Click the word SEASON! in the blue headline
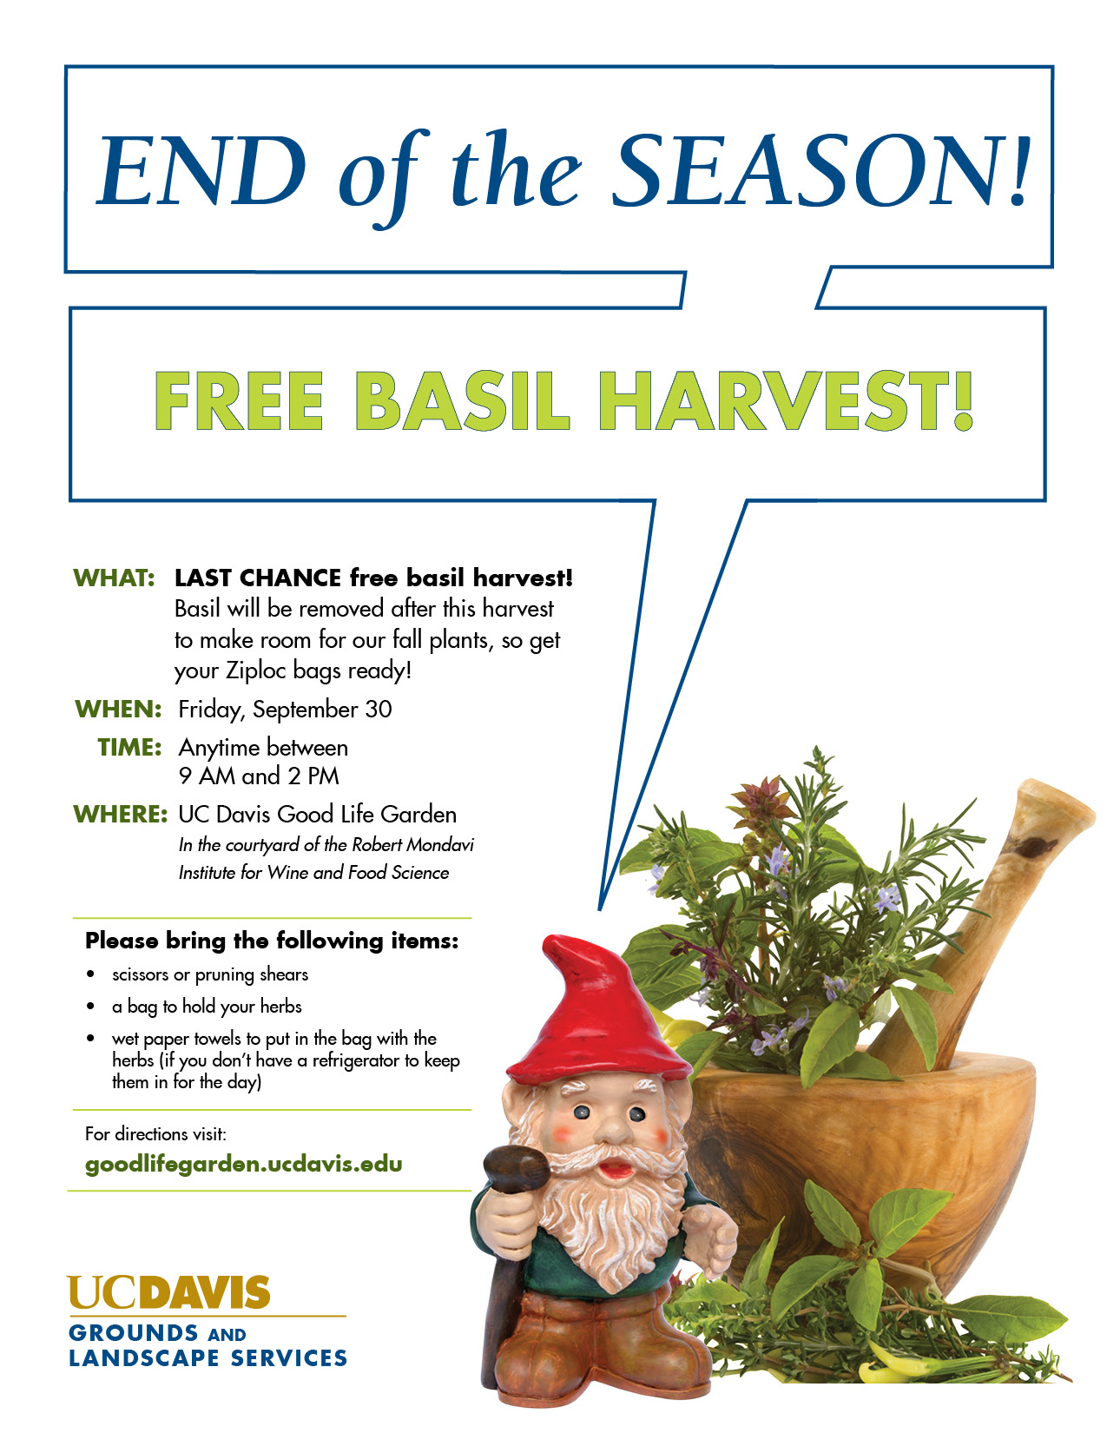pos(820,170)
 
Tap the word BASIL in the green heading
pos(461,401)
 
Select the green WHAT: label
pos(114,578)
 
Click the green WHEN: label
pos(118,709)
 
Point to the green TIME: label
pos(130,747)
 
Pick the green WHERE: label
pos(120,814)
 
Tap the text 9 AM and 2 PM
pos(259,776)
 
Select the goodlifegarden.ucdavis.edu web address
pos(243,1164)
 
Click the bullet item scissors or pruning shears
pos(209,974)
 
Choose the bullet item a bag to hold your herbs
pos(207,1007)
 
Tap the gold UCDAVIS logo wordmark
pos(168,1292)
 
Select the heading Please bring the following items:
pos(272,941)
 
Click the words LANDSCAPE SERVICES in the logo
pos(208,1358)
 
